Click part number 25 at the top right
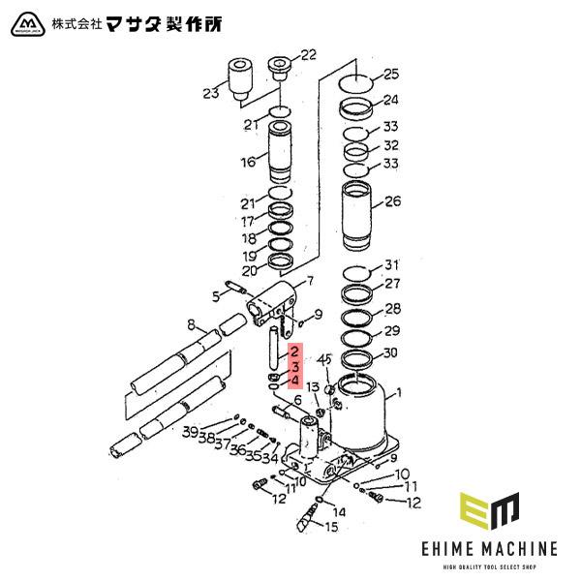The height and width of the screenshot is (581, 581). pos(391,74)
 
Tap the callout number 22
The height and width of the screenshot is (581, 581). pos(309,55)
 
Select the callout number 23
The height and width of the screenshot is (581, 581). pos(211,93)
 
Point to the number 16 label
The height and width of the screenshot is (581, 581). pos(249,162)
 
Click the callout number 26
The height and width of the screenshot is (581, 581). pos(392,202)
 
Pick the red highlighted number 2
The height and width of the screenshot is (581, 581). pos(294,353)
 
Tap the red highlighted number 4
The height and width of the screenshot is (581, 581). pos(294,382)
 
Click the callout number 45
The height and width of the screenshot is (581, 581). pos(325,360)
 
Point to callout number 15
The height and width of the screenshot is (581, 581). pos(332,527)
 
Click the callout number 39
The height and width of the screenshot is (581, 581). pos(191,431)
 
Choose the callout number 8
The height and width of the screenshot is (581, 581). pos(192,324)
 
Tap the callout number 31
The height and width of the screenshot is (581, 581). pos(391,265)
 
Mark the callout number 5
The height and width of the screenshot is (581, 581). pos(216,295)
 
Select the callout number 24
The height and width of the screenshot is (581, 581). pos(391,100)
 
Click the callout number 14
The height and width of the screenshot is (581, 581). pos(338,510)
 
